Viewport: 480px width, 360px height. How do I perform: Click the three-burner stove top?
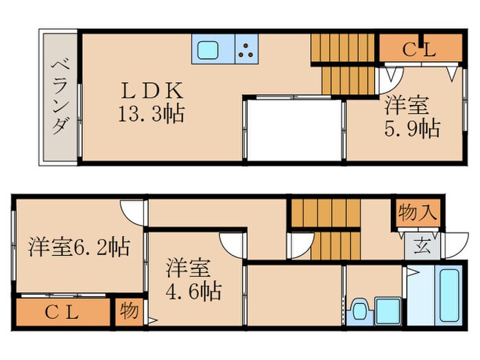247,49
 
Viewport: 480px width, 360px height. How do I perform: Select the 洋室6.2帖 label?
79,247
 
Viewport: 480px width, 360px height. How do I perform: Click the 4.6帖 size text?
194,291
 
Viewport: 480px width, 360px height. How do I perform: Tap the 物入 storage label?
417,212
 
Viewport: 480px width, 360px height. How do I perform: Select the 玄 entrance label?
418,243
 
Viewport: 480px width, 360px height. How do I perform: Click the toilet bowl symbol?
358,310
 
